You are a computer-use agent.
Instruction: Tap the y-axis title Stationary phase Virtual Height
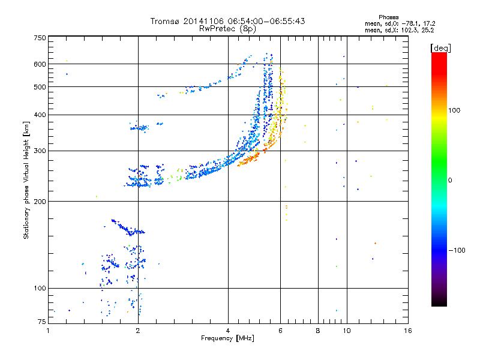click(x=26, y=181)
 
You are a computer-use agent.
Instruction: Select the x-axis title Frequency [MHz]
click(x=227, y=339)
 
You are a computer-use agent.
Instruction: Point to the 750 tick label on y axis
click(x=40, y=38)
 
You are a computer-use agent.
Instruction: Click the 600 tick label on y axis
click(x=40, y=64)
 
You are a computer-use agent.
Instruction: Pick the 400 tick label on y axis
click(x=40, y=115)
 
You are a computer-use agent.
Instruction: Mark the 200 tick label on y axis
click(x=40, y=201)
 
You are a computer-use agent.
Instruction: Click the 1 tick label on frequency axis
click(x=49, y=331)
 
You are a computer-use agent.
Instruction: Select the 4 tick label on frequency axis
click(x=228, y=331)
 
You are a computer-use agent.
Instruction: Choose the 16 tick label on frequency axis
click(x=407, y=331)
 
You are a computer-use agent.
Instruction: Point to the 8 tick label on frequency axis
click(x=318, y=331)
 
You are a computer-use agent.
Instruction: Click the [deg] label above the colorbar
click(x=441, y=47)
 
